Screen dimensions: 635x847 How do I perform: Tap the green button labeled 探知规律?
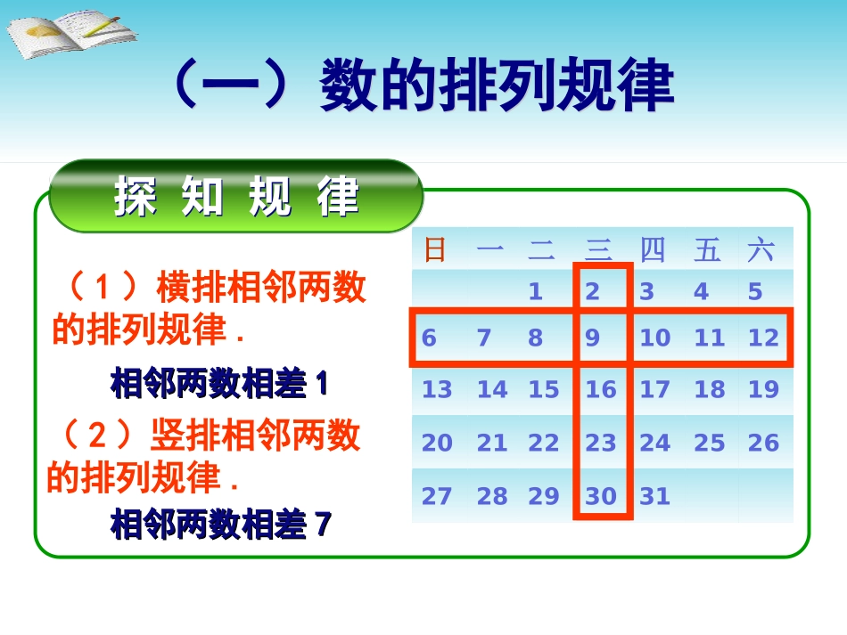tap(236, 197)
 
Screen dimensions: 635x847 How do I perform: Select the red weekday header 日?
tap(435, 250)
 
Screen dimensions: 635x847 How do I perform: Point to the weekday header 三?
tap(598, 250)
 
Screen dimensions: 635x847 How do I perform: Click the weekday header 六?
tap(761, 250)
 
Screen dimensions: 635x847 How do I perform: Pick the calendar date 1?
tap(535, 292)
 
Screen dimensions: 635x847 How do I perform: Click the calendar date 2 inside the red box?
tap(593, 292)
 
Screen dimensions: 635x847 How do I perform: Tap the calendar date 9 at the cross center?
tap(593, 338)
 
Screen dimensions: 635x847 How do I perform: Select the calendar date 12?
tap(763, 338)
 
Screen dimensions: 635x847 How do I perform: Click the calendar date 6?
tap(429, 338)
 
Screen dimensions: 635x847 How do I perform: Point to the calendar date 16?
tap(601, 390)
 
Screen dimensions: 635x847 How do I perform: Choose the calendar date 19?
tap(763, 390)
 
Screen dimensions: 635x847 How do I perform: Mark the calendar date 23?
tap(601, 443)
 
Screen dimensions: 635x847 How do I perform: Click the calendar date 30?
tap(601, 496)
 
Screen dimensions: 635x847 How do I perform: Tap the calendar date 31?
tap(654, 496)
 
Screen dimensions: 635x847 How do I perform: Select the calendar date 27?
tap(437, 496)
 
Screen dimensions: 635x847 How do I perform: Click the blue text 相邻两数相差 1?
tap(219, 385)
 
